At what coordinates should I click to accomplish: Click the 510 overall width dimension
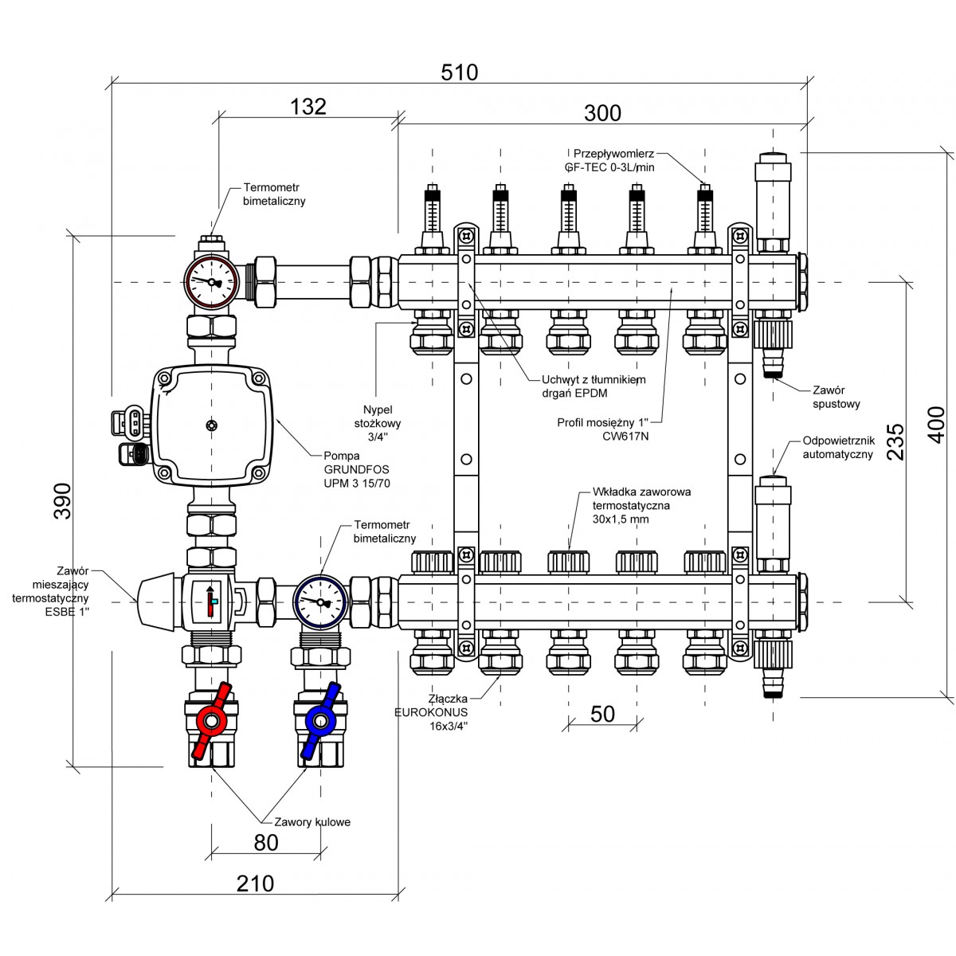click(460, 72)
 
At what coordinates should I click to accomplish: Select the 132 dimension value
click(308, 107)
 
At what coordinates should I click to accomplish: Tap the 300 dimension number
click(602, 113)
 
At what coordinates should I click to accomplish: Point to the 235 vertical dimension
click(895, 440)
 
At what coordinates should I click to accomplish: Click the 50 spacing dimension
click(603, 714)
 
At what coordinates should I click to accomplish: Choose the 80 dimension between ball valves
click(266, 842)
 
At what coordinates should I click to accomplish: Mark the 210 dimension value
click(255, 884)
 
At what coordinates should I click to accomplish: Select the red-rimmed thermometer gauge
click(212, 281)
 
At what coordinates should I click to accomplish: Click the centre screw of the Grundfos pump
click(211, 426)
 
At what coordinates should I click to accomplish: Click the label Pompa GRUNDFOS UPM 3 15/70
click(356, 470)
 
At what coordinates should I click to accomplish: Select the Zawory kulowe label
click(311, 822)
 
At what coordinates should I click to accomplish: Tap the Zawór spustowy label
click(836, 398)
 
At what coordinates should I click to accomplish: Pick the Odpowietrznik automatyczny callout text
click(837, 448)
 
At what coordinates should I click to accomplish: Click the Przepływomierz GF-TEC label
click(614, 160)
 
